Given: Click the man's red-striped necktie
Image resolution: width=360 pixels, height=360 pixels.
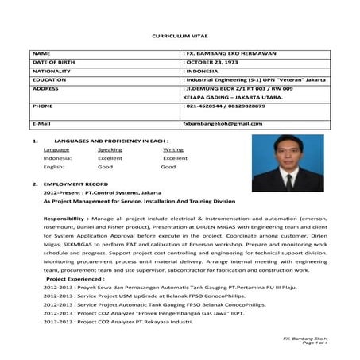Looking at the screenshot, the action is pos(289,182).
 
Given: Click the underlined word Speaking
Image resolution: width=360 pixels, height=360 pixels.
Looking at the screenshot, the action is pos(110,149).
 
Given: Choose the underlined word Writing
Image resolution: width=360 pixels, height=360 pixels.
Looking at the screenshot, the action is pos(172,149).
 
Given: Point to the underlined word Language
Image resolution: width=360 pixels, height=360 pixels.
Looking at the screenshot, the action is pos(56,149).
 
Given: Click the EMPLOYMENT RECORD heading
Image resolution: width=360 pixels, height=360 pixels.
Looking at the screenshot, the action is pos(80,184).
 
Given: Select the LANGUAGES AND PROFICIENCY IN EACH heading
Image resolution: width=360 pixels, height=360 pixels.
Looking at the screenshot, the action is pos(104,139).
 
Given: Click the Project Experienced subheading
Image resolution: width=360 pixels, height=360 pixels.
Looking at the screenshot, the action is pos(79,280).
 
